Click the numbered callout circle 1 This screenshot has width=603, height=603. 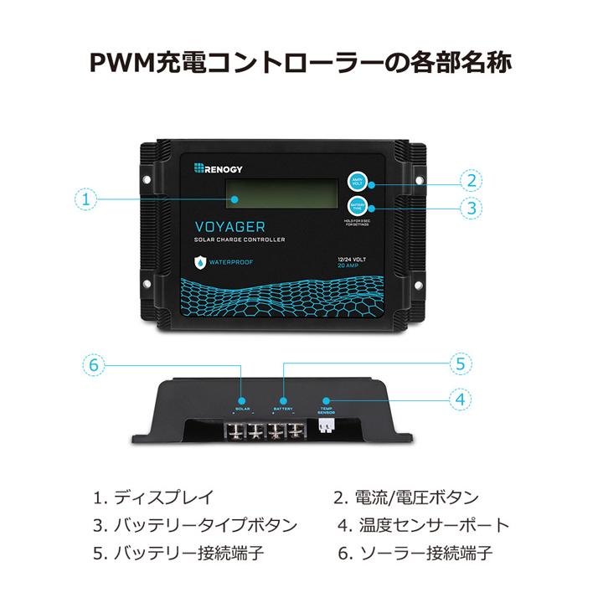coord(87,200)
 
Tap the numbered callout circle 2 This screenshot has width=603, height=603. coord(472,180)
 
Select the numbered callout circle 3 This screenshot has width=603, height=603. coord(472,207)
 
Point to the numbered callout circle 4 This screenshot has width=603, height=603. coord(459,399)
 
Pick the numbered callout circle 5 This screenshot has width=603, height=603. coord(459,364)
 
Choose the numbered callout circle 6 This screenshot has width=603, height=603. coord(95,365)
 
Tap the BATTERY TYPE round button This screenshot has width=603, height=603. coord(358,207)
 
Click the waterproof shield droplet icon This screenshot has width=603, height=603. coord(199,262)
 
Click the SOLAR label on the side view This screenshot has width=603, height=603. coord(243,409)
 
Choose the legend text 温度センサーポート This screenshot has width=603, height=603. coord(434,526)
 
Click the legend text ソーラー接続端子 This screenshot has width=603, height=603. coord(425,554)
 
